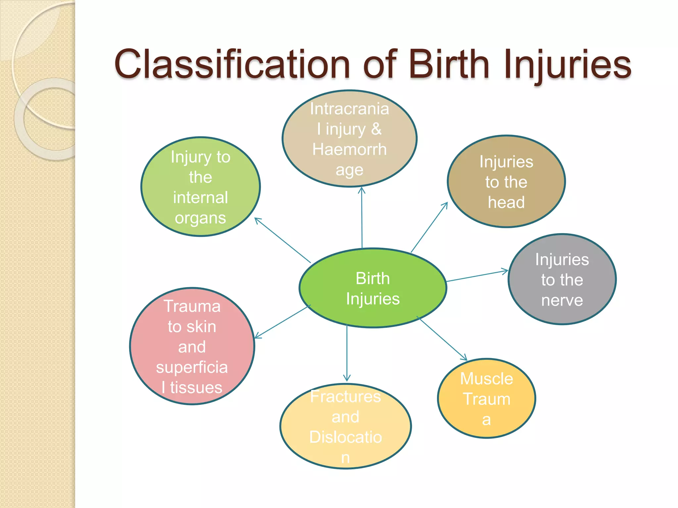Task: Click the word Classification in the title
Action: [x=232, y=64]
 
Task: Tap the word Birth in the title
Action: [x=449, y=64]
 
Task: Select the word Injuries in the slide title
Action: [x=568, y=64]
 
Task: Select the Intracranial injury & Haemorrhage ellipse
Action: [x=349, y=139]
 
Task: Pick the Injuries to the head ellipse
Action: [x=506, y=182]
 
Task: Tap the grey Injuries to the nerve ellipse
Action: [x=562, y=279]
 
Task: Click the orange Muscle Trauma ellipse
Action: [x=486, y=399]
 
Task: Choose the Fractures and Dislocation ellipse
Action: [x=346, y=427]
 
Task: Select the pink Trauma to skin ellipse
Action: [x=192, y=346]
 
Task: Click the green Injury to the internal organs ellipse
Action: [x=201, y=187]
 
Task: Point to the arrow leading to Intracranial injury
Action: [x=362, y=218]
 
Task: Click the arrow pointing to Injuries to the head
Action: [x=429, y=227]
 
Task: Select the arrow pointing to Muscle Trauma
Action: [x=442, y=338]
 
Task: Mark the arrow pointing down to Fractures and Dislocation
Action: [x=347, y=354]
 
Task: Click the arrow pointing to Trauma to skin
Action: [x=282, y=321]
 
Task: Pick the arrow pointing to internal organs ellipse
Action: [x=282, y=240]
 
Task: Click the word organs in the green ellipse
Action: [x=200, y=218]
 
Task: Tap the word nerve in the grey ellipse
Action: [x=562, y=300]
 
